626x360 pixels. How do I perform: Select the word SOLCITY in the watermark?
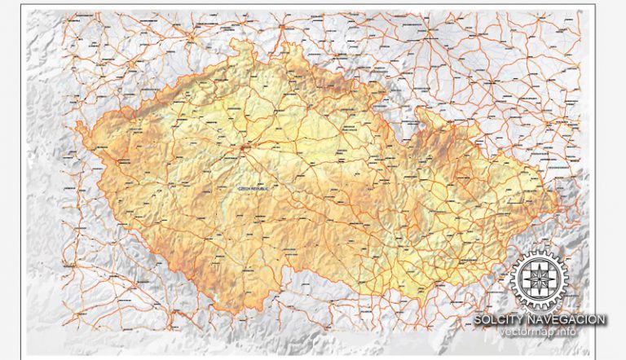tap(500, 320)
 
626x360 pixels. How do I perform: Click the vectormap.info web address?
tap(538, 332)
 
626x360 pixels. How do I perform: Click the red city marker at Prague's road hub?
tap(246, 148)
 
